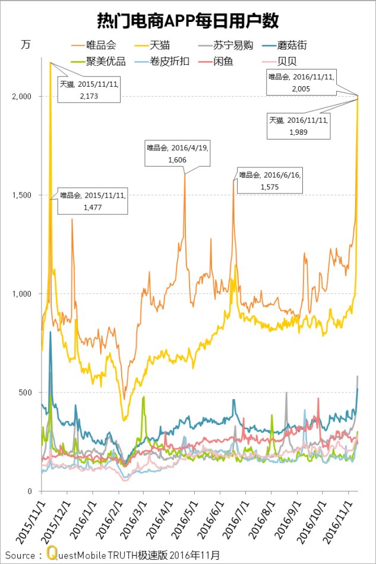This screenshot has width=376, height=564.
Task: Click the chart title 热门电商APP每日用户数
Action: [188, 21]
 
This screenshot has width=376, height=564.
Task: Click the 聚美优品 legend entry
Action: [104, 61]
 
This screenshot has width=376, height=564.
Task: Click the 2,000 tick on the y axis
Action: [22, 96]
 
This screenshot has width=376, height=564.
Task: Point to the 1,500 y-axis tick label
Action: [22, 195]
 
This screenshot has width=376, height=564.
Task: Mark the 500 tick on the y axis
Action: [26, 392]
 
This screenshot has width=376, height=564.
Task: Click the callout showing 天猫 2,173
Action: [89, 89]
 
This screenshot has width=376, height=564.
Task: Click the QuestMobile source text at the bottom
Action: [113, 555]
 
